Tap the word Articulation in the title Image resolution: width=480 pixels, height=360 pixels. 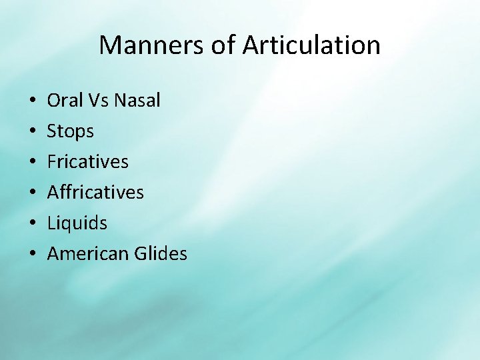coord(311,45)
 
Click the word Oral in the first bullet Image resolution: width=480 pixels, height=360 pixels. coord(63,101)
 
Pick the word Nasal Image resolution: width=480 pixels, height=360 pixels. coord(137,101)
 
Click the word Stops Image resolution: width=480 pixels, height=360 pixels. coord(70,131)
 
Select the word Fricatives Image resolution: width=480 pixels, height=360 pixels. coord(87,162)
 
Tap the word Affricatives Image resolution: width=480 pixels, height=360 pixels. coord(95,193)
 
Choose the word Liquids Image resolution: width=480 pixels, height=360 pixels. coord(77,223)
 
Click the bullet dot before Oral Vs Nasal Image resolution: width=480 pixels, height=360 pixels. coord(33,101)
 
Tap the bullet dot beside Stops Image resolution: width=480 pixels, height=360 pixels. coord(33,132)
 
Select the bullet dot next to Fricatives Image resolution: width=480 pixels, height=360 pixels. coord(33,163)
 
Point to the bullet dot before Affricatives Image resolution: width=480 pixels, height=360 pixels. coord(33,193)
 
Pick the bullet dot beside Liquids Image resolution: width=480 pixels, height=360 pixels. coord(33,224)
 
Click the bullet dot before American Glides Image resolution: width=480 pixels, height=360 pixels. coord(33,255)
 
